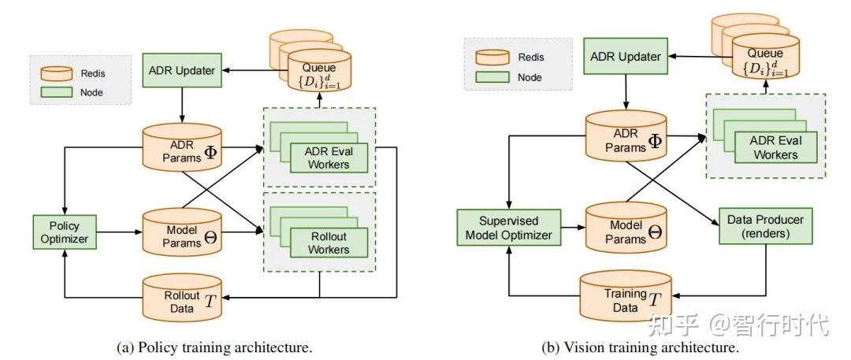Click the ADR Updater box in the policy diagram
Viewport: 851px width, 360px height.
(x=181, y=71)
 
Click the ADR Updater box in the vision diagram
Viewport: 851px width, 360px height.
(x=626, y=57)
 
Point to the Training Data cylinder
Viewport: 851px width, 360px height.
(x=626, y=297)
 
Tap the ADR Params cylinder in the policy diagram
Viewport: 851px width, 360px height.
(x=181, y=147)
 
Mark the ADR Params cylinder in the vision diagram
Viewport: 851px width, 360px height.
(x=626, y=135)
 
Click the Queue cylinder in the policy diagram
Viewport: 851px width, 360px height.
(x=319, y=72)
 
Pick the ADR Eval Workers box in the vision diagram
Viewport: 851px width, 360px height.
(x=775, y=147)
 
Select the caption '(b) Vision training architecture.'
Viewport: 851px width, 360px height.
(x=640, y=347)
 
